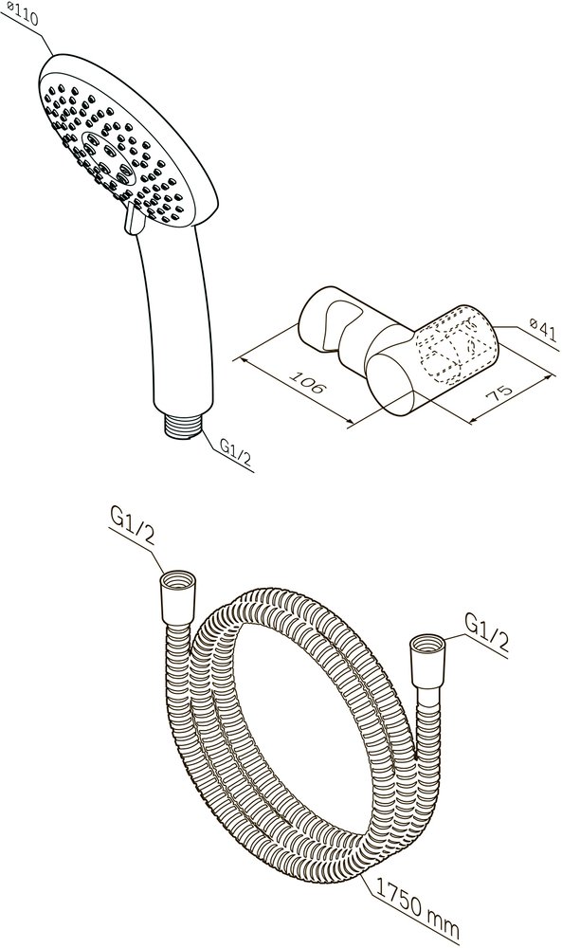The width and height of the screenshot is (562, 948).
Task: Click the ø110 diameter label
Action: coord(21,14)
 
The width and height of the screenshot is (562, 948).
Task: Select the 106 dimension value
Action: coord(308,379)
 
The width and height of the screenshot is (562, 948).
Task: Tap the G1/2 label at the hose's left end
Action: coord(131,527)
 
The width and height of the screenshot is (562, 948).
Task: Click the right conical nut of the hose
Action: coord(427,662)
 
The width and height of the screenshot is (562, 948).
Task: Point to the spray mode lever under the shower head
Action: coord(134,218)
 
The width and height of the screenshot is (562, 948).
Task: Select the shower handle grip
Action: coord(178,320)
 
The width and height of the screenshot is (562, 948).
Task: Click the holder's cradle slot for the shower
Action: coord(334,326)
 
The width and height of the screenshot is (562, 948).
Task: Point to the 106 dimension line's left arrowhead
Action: coord(240,360)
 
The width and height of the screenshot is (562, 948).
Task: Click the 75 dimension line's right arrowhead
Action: coord(548,379)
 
